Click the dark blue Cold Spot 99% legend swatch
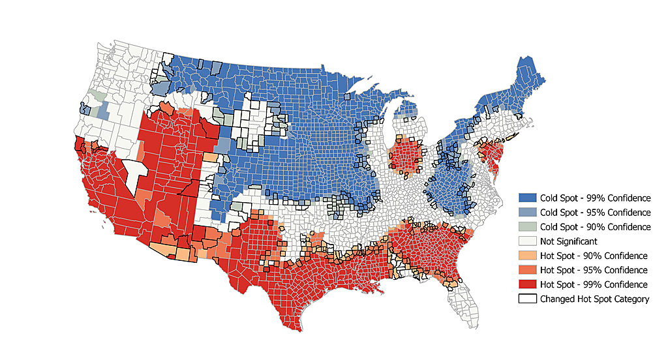point(528,198)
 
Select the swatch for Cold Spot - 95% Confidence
point(528,212)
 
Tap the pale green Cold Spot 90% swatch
point(528,226)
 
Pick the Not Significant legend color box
point(528,241)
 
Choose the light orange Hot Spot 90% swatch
point(528,256)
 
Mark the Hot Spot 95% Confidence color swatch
point(528,270)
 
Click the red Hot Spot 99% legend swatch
point(528,284)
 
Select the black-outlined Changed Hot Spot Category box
point(528,299)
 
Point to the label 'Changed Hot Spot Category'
point(594,299)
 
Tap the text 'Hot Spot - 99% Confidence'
point(594,284)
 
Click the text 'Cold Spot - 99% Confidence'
point(595,198)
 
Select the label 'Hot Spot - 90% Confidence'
point(594,256)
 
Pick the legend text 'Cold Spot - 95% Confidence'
point(595,212)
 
